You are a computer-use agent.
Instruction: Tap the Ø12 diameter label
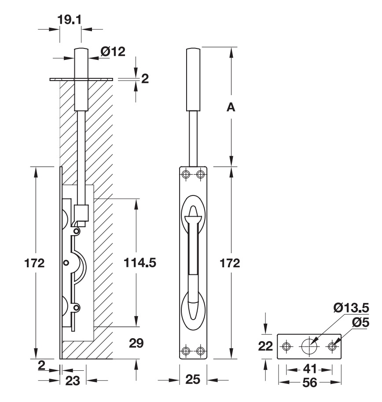click(x=112, y=52)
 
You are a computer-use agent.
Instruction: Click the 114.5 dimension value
click(x=139, y=263)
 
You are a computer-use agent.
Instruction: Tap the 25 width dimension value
click(x=193, y=380)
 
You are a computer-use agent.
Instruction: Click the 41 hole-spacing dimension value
click(x=309, y=369)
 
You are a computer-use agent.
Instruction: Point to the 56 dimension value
click(x=309, y=383)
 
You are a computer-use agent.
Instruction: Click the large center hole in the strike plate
click(x=309, y=347)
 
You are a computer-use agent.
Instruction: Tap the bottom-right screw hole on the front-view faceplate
click(x=201, y=350)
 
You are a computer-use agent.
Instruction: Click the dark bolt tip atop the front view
click(x=194, y=79)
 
